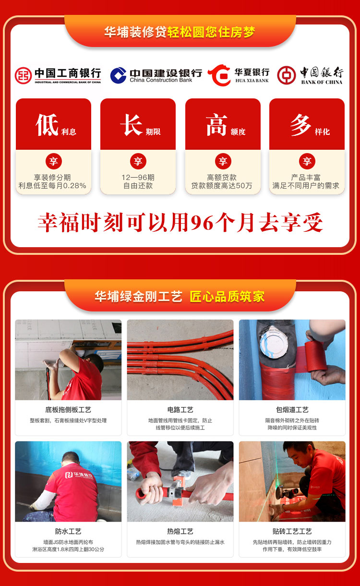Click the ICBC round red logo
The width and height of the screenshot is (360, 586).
tap(23, 75)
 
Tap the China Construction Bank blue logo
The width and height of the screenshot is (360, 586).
tap(118, 75)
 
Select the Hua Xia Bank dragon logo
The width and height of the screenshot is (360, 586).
tap(219, 75)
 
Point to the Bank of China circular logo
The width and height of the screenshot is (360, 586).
tap(286, 75)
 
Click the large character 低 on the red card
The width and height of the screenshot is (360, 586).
tap(47, 125)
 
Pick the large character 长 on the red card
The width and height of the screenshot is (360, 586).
tap(132, 125)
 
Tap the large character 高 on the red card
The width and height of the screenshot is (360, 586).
tap(216, 125)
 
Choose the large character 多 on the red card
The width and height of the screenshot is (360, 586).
tap(300, 125)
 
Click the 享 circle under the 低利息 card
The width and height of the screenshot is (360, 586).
tap(54, 161)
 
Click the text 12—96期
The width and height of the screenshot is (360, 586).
tap(138, 178)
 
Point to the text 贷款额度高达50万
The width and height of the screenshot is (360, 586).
tap(222, 186)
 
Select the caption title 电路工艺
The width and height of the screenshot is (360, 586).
tap(180, 410)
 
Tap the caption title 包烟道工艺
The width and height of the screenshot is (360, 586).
tap(292, 410)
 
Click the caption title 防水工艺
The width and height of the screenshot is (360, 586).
tap(68, 531)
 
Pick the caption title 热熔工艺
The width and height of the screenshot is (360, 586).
tap(180, 531)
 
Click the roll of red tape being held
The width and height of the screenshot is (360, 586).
tap(315, 356)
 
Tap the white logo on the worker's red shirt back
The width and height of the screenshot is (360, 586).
tap(79, 475)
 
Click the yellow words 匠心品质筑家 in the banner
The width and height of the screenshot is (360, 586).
tap(227, 297)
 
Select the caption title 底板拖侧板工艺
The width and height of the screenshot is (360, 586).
tap(68, 410)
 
